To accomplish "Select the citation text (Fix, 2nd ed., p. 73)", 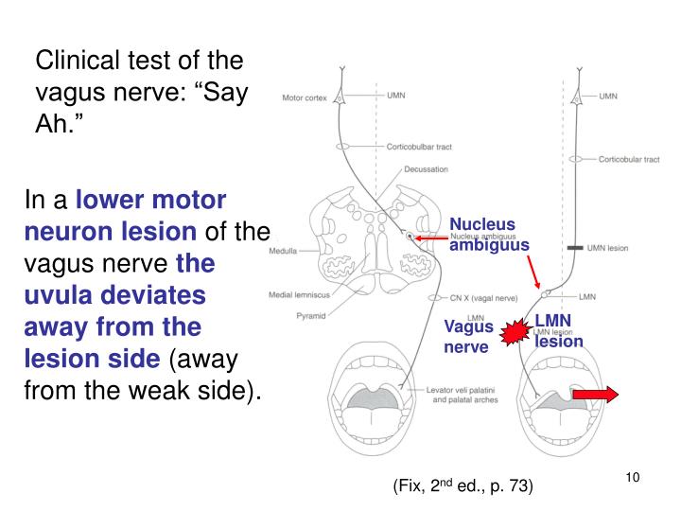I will (463, 486).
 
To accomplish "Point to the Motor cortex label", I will (306, 97).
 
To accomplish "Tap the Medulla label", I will (285, 253).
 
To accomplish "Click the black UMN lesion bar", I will (573, 247).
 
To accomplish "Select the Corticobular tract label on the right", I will (628, 160).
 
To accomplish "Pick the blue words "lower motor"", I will (151, 200).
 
